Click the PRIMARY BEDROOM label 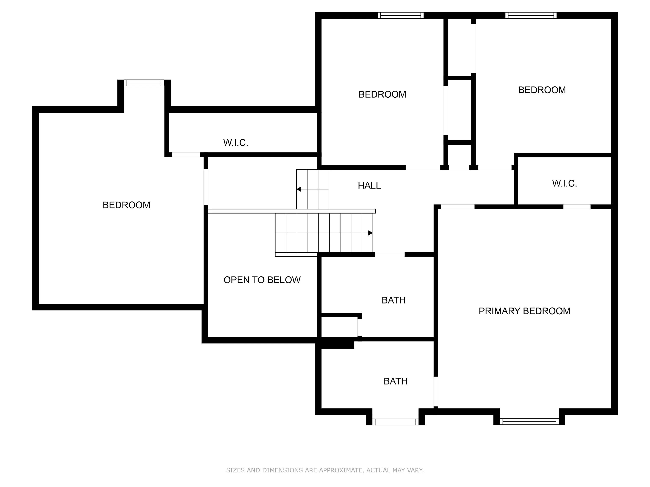(x=524, y=311)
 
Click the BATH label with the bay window (x=395, y=381)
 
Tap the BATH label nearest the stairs (x=394, y=300)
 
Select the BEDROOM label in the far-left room (x=126, y=205)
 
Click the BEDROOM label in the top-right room (x=542, y=90)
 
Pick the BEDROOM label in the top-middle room (x=382, y=94)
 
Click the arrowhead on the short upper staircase (x=299, y=189)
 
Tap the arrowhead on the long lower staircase (x=370, y=233)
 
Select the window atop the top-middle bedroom (x=401, y=15)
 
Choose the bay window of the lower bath (x=395, y=422)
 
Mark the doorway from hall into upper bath (x=390, y=254)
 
